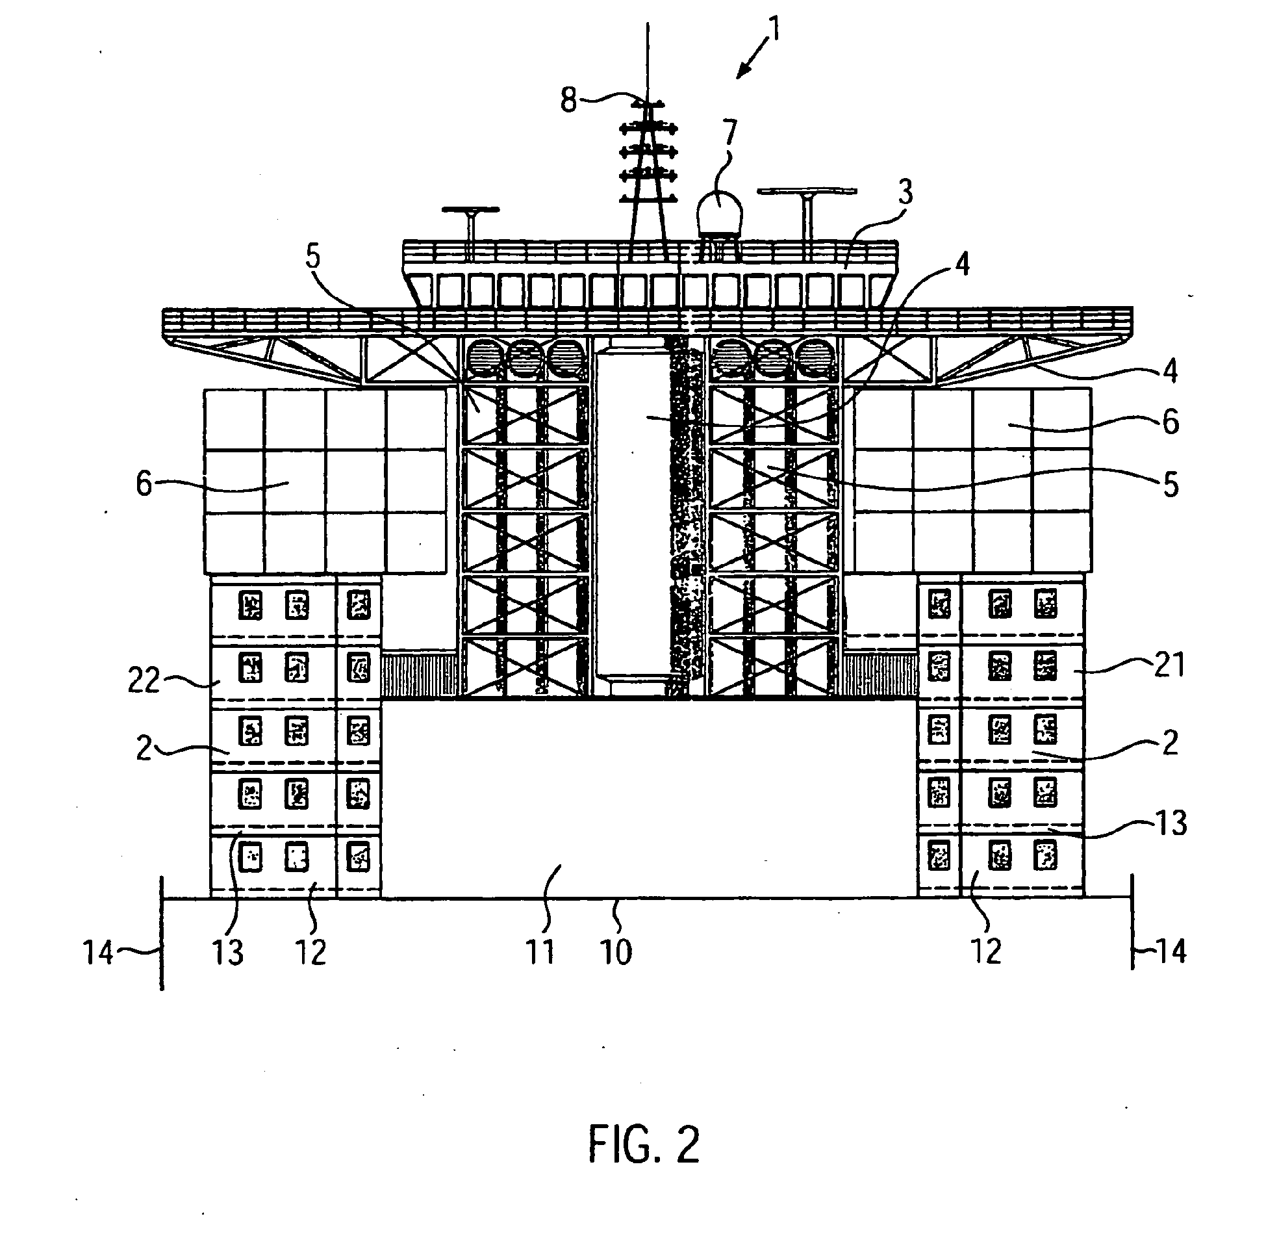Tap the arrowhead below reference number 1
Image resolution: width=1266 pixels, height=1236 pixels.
coord(742,73)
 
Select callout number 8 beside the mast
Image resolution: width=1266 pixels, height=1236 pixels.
coord(569,101)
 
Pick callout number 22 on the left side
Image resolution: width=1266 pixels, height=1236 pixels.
coord(144,681)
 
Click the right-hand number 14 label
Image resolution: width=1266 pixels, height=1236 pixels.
coord(1171,952)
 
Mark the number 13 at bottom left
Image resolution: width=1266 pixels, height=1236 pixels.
coord(227,952)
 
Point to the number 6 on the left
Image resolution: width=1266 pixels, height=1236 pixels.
coord(144,485)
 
